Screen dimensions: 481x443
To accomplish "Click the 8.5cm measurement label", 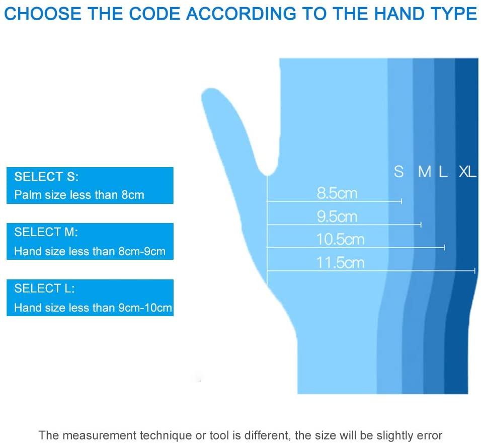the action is pos(337,193).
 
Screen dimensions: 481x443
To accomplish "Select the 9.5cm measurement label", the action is pos(337,217).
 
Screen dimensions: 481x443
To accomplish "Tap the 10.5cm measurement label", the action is pos(340,240).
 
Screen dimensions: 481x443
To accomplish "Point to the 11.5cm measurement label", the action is pos(340,263).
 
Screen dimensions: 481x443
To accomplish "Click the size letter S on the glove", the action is pos(399,172).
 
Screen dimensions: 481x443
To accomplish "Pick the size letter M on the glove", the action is pos(425,172).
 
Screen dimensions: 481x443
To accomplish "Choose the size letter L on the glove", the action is pos(443,172).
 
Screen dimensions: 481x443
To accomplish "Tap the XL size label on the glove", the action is pos(467,172).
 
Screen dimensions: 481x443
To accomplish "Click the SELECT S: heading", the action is pos(46,177).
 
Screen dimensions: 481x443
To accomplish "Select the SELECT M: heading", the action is pos(46,232).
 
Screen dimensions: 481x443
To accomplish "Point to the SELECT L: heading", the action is pos(44,288).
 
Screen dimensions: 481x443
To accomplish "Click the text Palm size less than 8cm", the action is pos(79,195).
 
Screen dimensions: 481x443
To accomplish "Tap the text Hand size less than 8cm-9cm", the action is pos(90,251).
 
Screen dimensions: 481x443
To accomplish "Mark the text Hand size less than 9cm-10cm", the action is pos(93,308).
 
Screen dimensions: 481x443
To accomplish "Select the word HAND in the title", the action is pos(398,14).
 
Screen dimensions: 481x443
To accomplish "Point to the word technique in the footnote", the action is pos(166,435).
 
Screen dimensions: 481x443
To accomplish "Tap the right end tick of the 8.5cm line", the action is pos(401,201).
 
